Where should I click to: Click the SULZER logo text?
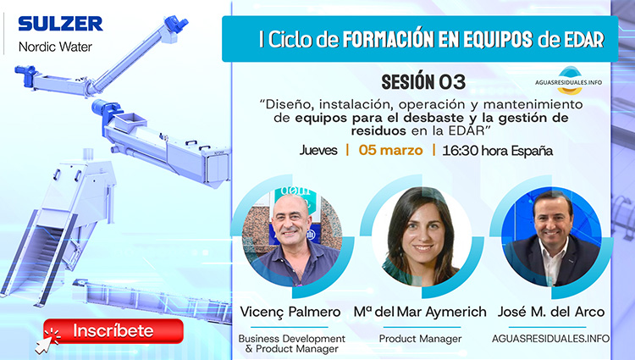tap(59, 23)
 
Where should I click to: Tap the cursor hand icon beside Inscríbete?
tap(43, 340)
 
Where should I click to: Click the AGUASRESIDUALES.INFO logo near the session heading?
tap(568, 80)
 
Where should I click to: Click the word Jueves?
tap(318, 151)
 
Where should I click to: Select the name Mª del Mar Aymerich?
tap(420, 312)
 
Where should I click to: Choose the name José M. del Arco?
tap(551, 312)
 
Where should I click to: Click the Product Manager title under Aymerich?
tap(421, 339)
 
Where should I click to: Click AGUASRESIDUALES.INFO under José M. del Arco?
tap(551, 339)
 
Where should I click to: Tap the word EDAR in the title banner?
tap(584, 39)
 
